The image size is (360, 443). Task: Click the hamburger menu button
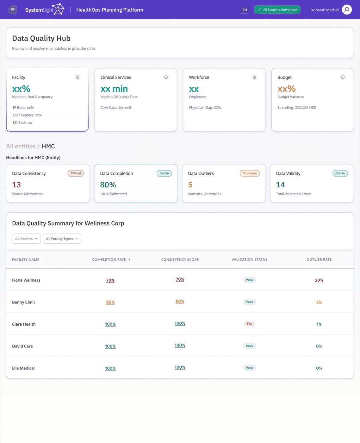point(12,10)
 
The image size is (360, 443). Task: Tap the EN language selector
point(245,10)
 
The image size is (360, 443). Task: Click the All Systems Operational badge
point(277,9)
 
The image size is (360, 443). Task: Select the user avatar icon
point(347,9)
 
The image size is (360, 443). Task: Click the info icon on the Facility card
point(78,77)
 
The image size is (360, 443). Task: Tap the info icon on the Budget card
point(343,77)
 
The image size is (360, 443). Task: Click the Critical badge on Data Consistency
point(76,173)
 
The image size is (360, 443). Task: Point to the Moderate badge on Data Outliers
point(250,173)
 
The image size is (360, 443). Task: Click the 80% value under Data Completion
point(108,185)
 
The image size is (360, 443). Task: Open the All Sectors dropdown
point(26,239)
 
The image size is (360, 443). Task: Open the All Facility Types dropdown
point(62,239)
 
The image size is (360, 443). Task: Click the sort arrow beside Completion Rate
point(129,259)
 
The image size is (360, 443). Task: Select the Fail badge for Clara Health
point(249,324)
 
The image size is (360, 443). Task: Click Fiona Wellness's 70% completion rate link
point(110,280)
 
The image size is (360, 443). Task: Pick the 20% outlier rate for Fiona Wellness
point(319,280)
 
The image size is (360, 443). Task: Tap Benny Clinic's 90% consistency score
point(180,301)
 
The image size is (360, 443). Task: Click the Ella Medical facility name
point(23,368)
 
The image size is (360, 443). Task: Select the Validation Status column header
point(249,259)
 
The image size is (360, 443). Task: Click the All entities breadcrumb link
point(21,146)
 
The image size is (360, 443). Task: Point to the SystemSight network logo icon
point(58,9)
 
